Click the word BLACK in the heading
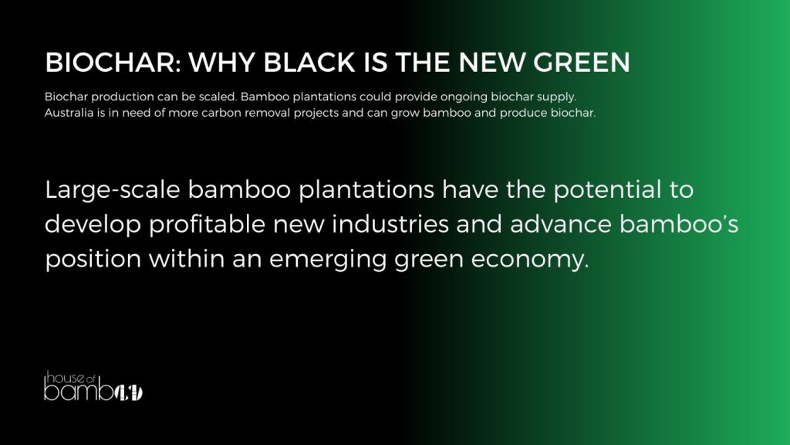[x=309, y=63]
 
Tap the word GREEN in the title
[x=582, y=63]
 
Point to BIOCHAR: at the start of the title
[x=113, y=63]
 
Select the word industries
[x=390, y=224]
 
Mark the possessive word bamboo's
[x=679, y=224]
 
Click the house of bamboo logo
[x=93, y=386]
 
